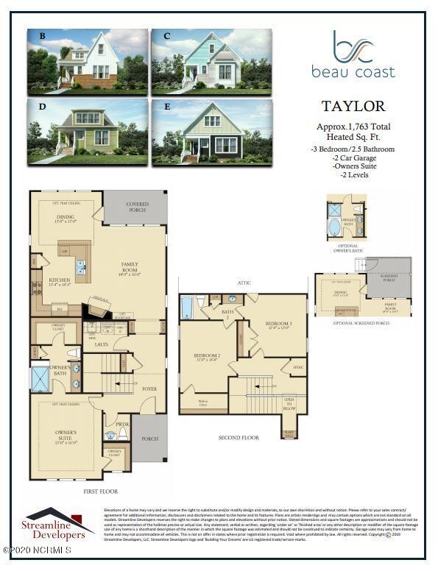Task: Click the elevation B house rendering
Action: (87, 60)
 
